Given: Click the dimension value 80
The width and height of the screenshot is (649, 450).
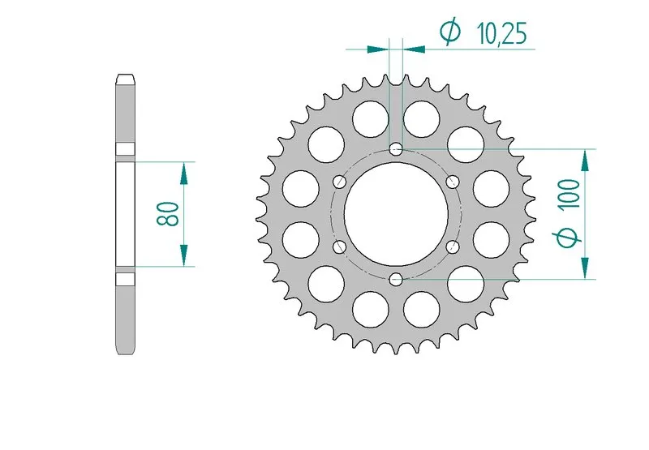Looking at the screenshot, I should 168,214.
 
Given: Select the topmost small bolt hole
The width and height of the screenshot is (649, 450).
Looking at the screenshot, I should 396,149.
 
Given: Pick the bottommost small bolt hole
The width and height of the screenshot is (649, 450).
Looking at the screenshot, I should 396,280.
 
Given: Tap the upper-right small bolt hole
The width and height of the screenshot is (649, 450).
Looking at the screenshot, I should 453,181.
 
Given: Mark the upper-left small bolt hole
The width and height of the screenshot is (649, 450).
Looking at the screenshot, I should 339,181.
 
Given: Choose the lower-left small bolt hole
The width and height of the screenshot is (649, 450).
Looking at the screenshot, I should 339,246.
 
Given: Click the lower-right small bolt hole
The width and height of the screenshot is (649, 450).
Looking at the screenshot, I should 453,246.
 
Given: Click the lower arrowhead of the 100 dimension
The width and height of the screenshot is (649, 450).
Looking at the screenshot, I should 584,268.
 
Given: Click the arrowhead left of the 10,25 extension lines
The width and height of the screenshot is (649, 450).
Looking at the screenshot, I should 377,49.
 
